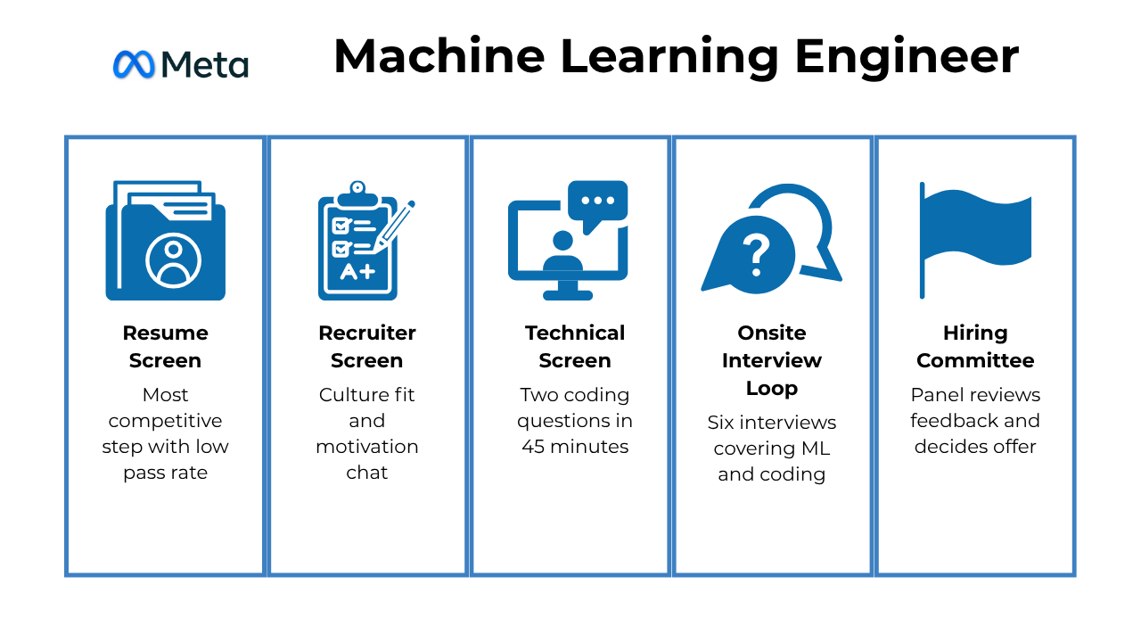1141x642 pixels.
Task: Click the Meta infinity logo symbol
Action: point(134,63)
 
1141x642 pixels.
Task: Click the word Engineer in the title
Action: point(907,56)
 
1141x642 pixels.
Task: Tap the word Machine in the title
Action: point(439,56)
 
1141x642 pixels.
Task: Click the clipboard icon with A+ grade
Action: point(358,243)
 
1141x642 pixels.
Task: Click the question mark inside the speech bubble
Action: point(755,253)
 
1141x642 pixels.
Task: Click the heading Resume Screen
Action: point(166,346)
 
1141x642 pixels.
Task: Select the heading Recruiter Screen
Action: point(367,346)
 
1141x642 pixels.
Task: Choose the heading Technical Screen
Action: point(575,346)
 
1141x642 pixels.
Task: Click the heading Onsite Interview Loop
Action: point(772,360)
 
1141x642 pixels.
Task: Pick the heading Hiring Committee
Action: point(975,346)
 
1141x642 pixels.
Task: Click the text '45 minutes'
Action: point(575,446)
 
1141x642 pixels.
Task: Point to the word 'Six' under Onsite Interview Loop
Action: point(724,422)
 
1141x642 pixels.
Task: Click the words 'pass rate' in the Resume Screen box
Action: point(166,473)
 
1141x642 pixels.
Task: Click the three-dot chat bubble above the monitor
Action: point(598,202)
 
